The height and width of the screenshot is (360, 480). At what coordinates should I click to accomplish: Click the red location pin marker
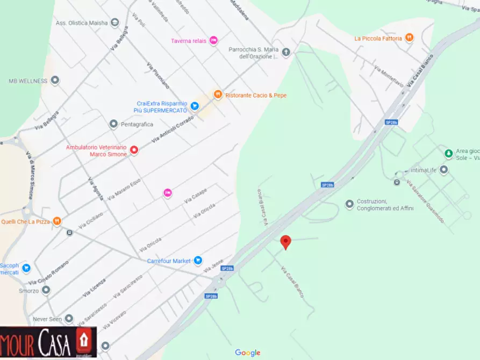(286, 242)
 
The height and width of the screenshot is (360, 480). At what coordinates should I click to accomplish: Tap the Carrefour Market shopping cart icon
(198, 261)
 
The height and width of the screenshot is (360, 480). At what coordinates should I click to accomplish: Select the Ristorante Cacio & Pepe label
(256, 95)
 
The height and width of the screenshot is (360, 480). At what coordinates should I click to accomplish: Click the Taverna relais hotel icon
(213, 40)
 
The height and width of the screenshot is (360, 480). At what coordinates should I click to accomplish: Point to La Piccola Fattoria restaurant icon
(410, 38)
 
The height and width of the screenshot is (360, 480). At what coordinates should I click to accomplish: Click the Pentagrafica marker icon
(113, 124)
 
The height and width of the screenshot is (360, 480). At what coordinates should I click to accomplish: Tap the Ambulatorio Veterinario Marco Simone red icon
(134, 150)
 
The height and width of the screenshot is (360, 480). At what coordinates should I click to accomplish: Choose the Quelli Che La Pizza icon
(57, 221)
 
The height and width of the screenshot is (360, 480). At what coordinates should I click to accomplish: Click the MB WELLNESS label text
(28, 81)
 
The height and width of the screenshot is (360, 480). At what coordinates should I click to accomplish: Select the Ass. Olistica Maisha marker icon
(114, 23)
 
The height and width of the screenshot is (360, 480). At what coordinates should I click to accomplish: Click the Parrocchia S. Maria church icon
(286, 52)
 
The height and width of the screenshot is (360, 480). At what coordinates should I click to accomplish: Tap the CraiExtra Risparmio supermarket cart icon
(195, 106)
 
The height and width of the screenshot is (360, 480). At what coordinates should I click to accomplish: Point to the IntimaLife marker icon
(443, 170)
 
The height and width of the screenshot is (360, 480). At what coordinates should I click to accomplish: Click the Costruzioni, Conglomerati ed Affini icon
(350, 204)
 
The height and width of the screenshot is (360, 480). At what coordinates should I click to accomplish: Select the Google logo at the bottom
(247, 352)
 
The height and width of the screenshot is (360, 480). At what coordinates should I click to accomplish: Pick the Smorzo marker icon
(46, 290)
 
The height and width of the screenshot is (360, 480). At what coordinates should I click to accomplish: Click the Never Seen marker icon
(68, 319)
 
